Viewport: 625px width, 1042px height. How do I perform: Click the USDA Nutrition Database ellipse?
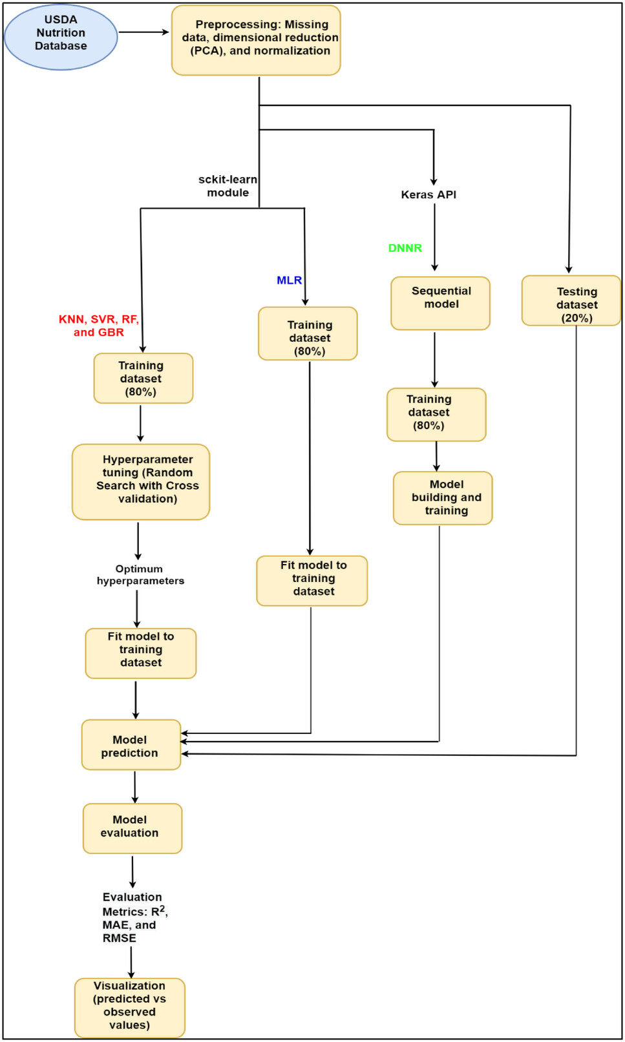pyautogui.click(x=61, y=37)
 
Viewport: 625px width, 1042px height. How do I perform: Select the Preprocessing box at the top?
pyautogui.click(x=256, y=40)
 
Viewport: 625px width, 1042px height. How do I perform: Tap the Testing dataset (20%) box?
pyautogui.click(x=571, y=301)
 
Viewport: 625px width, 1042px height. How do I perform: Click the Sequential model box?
pyautogui.click(x=440, y=303)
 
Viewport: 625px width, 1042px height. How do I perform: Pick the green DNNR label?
pyautogui.click(x=405, y=248)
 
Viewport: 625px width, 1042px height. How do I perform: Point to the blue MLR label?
pyautogui.click(x=289, y=280)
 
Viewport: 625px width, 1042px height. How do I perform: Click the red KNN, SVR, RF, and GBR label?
pyautogui.click(x=99, y=326)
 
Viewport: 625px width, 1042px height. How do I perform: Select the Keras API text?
pyautogui.click(x=429, y=194)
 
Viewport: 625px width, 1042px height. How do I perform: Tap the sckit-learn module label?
pyautogui.click(x=228, y=186)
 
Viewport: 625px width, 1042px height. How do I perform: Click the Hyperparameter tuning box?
pyautogui.click(x=141, y=481)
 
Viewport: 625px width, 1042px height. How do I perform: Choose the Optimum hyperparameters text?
pyautogui.click(x=140, y=575)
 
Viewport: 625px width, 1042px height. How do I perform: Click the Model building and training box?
pyautogui.click(x=443, y=497)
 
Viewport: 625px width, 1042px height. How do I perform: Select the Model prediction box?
pyautogui.click(x=131, y=745)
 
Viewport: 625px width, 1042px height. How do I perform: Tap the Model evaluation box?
pyautogui.click(x=132, y=828)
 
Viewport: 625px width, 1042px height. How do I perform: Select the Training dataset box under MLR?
pyautogui.click(x=308, y=333)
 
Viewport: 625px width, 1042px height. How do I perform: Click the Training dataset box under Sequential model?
pyautogui.click(x=436, y=414)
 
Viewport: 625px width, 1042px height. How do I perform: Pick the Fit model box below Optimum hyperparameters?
pyautogui.click(x=140, y=653)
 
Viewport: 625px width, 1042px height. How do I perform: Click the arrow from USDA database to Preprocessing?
pyautogui.click(x=143, y=32)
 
